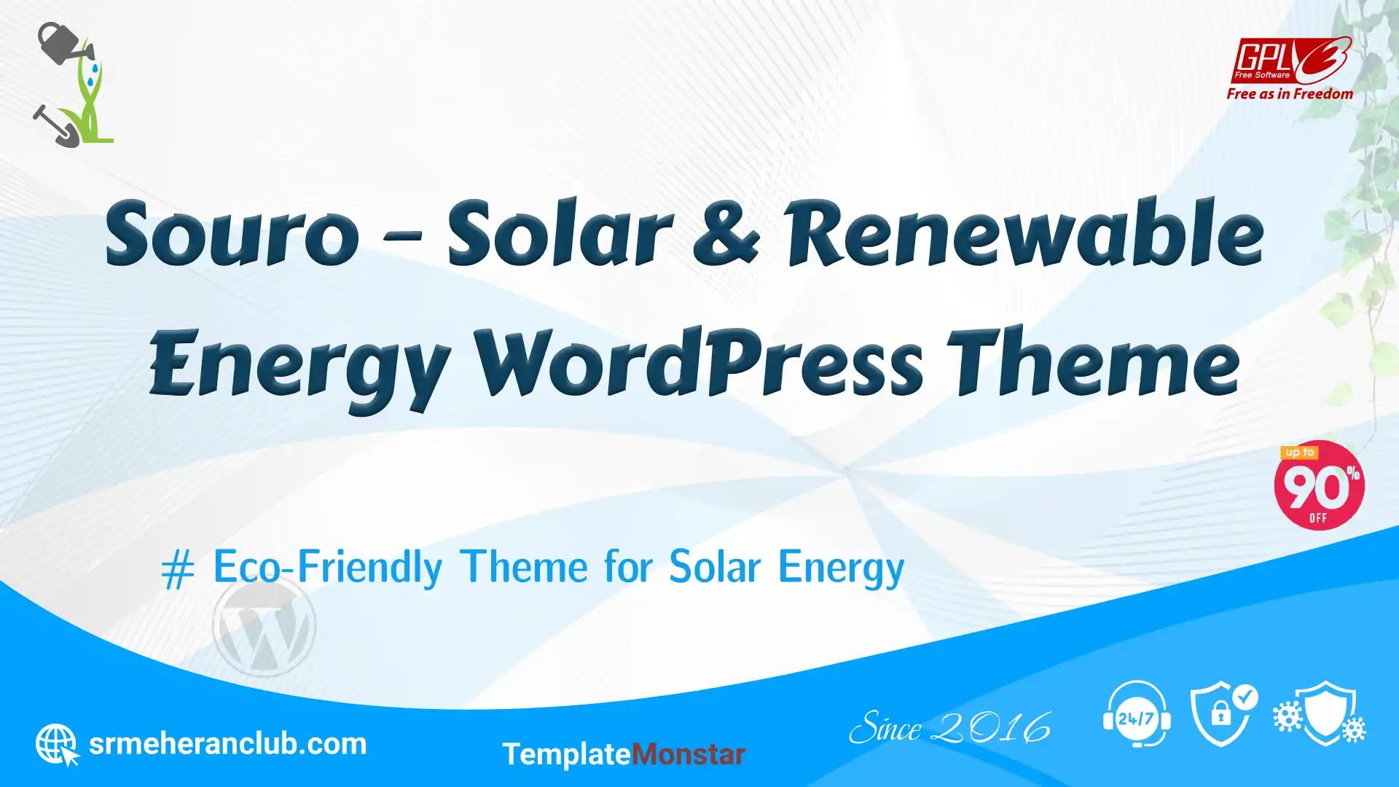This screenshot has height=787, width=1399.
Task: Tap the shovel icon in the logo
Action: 55,126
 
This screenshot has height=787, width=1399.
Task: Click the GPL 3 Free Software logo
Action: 1290,60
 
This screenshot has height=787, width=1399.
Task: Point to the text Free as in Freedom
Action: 1290,93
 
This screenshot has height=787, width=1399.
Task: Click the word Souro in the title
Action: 232,234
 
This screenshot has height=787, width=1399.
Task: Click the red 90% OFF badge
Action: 1319,485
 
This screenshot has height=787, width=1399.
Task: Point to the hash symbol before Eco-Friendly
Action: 178,569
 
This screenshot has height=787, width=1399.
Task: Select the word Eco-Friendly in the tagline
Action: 327,567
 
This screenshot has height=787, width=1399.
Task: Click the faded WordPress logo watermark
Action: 264,626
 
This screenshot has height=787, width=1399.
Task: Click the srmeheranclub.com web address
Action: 227,744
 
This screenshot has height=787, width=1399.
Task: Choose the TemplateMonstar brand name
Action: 624,754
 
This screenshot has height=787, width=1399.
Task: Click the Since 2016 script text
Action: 949,728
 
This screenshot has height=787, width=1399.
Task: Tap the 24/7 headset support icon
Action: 1137,714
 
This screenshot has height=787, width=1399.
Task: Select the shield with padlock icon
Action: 1223,714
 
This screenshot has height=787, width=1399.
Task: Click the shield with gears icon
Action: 1320,713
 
